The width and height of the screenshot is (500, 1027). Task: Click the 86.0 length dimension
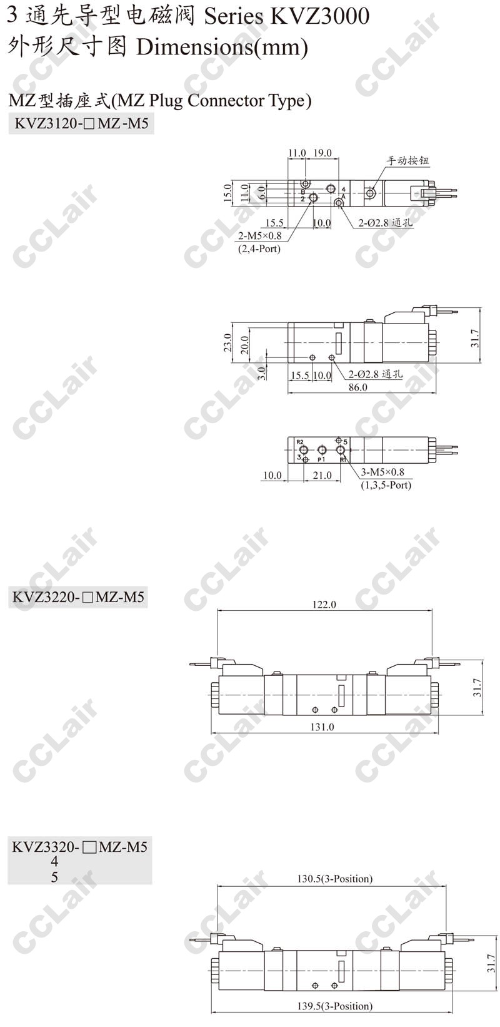click(x=357, y=387)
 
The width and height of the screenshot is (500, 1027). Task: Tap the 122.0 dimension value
click(x=324, y=605)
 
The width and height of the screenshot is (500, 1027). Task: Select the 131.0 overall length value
click(x=322, y=727)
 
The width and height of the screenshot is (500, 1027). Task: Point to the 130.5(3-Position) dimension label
click(x=335, y=879)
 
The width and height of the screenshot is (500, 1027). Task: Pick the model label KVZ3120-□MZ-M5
click(x=81, y=124)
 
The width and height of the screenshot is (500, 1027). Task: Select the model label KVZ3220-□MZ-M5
click(x=78, y=597)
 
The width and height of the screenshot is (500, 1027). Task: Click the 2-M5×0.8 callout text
click(x=259, y=236)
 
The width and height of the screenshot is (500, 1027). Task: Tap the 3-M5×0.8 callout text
click(x=382, y=473)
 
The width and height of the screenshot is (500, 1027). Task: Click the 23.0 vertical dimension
click(x=228, y=342)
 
